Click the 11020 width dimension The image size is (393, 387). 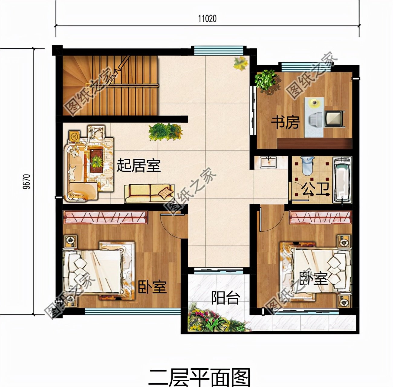point(207,19)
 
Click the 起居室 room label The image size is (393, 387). point(139,165)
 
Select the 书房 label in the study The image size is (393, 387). point(285,122)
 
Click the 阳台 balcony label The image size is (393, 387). point(226,298)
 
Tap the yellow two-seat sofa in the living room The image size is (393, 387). point(149,193)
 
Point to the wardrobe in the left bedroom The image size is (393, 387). point(105,217)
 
